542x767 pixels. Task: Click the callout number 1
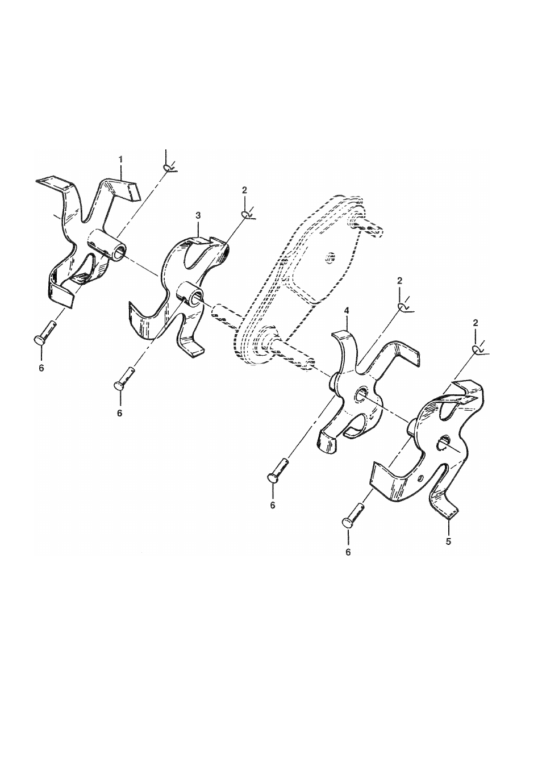[x=120, y=159]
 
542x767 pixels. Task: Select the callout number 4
[x=346, y=311]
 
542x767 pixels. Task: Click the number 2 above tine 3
[x=244, y=190]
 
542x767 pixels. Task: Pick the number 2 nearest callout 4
[x=399, y=281]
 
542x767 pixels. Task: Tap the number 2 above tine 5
[x=475, y=323]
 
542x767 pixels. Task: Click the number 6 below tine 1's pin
[x=41, y=368]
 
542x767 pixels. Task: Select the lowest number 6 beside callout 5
[x=348, y=562]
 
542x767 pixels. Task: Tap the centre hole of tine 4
[x=361, y=394]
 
